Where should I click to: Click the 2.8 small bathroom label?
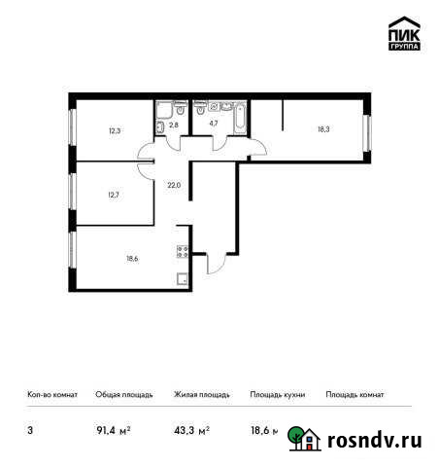[177, 124]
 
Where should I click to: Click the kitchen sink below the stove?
[182, 276]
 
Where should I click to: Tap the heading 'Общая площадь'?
[123, 395]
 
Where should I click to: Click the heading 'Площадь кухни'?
[278, 395]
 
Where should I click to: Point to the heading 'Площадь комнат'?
[355, 395]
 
